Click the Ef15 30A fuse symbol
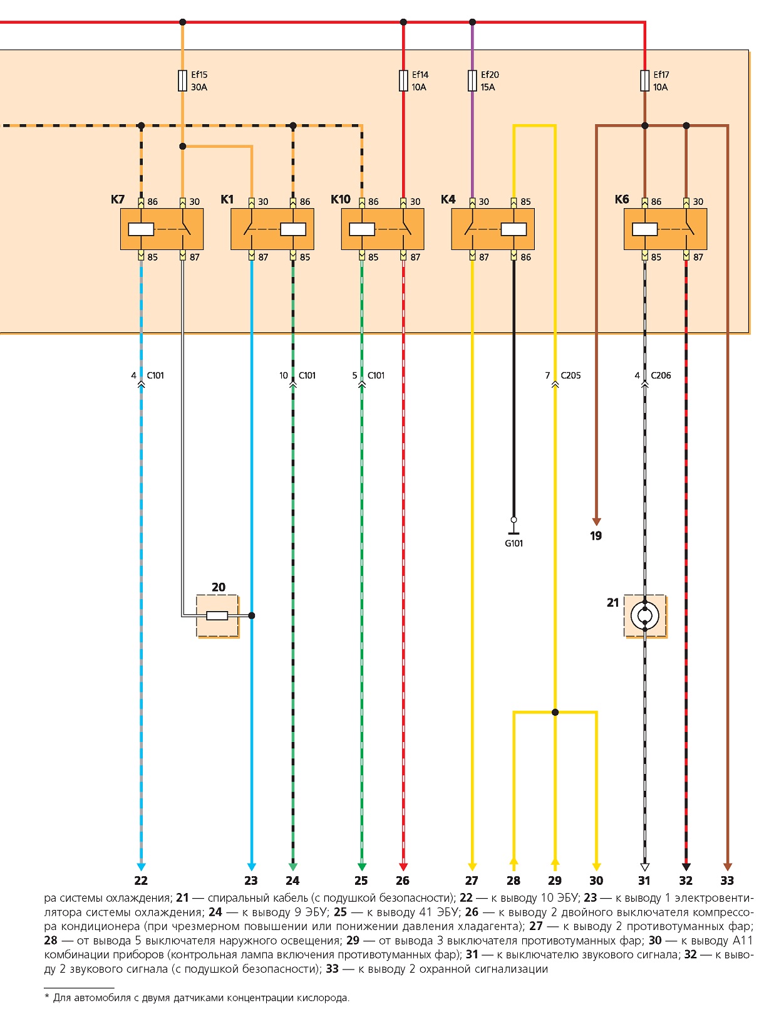(182, 80)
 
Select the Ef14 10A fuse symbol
(403, 80)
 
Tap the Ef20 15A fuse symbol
(472, 80)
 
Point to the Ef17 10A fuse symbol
(644, 80)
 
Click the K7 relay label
(117, 199)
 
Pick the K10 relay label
(340, 199)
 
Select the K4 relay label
(448, 199)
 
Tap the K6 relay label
(621, 199)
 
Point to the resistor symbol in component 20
(217, 615)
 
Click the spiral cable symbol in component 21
(644, 615)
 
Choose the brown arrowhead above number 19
(596, 521)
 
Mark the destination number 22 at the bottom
(141, 881)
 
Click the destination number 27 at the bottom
(472, 881)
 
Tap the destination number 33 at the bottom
(726, 881)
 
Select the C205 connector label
(570, 375)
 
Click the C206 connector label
(661, 375)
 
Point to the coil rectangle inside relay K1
(292, 229)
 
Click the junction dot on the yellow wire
(555, 713)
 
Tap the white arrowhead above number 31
(644, 867)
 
